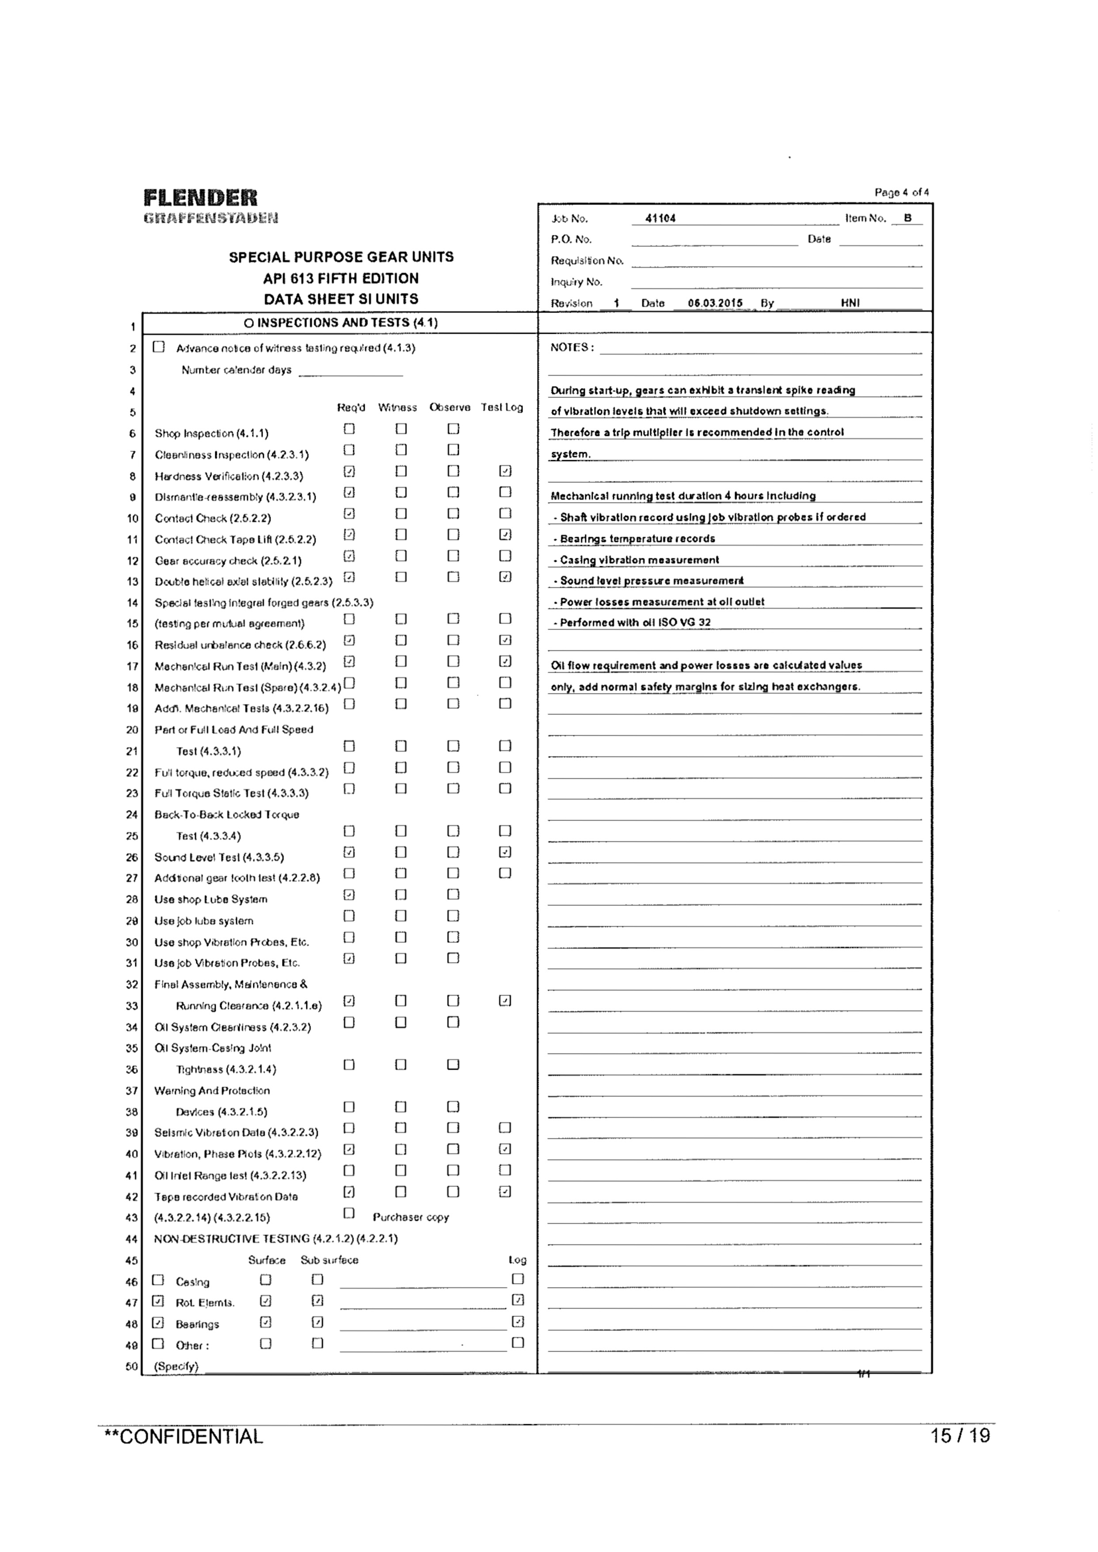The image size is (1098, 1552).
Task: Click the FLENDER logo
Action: pyautogui.click(x=201, y=198)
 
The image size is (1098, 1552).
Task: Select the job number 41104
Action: pyautogui.click(x=660, y=218)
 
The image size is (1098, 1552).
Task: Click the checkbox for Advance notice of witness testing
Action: pyautogui.click(x=159, y=347)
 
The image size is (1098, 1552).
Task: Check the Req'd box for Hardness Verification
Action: pyautogui.click(x=349, y=471)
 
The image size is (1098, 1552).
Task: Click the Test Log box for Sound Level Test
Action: pyautogui.click(x=504, y=852)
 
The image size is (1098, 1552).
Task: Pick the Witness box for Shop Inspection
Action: pyautogui.click(x=401, y=429)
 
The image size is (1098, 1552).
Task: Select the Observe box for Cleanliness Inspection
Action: pyautogui.click(x=453, y=450)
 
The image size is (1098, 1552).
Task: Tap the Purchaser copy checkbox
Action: pyautogui.click(x=349, y=1213)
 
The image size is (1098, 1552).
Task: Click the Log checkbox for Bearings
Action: pyautogui.click(x=518, y=1322)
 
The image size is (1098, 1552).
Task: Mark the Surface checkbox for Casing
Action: pyautogui.click(x=266, y=1280)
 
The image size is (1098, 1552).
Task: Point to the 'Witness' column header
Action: pyautogui.click(x=397, y=408)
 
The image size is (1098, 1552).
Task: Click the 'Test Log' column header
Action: pyautogui.click(x=502, y=408)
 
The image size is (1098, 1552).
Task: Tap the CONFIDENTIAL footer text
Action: pyautogui.click(x=183, y=1437)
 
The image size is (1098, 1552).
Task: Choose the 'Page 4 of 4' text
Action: pyautogui.click(x=901, y=193)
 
